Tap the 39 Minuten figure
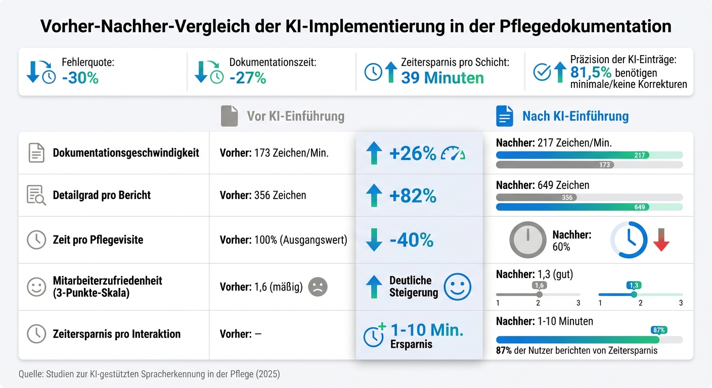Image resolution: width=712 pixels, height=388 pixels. tap(442, 78)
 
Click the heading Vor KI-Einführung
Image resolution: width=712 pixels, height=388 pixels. tap(295, 116)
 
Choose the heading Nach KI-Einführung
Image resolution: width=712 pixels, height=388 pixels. tap(575, 116)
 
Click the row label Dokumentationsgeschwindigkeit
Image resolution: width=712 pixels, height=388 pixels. tap(126, 153)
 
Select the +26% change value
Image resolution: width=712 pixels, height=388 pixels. tap(413, 153)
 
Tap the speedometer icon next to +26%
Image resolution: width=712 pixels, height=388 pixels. tap(453, 153)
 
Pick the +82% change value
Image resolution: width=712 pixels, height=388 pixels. tap(413, 196)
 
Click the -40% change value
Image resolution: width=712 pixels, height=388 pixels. tap(411, 240)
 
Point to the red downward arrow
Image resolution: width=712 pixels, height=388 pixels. tap(661, 241)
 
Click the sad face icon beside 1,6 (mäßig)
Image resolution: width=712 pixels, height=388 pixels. tap(318, 287)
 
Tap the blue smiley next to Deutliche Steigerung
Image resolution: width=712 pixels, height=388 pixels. tap(457, 287)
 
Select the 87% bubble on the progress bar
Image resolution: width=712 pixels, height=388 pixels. tap(659, 330)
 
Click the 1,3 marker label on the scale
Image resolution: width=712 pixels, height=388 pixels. tap(634, 285)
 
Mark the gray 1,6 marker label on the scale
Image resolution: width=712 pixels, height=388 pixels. tap(539, 285)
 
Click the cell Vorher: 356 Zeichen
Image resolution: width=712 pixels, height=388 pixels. tap(263, 196)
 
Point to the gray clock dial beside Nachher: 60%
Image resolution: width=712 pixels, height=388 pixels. tap(527, 240)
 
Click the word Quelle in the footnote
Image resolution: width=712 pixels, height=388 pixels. tap(30, 374)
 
